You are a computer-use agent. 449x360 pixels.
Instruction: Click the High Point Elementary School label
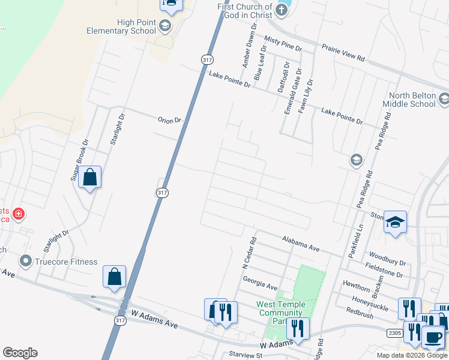pyautogui.click(x=121, y=26)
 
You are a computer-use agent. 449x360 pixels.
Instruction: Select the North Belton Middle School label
pyautogui.click(x=412, y=100)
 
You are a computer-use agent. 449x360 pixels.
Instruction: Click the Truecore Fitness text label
pyautogui.click(x=66, y=262)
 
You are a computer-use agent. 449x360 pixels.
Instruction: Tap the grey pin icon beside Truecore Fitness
pyautogui.click(x=25, y=262)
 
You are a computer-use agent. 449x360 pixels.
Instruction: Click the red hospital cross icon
pyautogui.click(x=19, y=214)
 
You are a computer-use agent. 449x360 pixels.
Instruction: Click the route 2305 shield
pyautogui.click(x=411, y=332)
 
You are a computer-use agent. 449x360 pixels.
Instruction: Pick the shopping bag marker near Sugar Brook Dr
pyautogui.click(x=90, y=177)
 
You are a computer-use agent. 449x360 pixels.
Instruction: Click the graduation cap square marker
pyautogui.click(x=396, y=222)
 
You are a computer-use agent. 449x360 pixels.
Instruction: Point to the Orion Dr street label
pyautogui.click(x=169, y=121)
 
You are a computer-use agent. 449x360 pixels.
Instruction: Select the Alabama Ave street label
pyautogui.click(x=301, y=242)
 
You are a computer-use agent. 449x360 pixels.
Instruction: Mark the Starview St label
pyautogui.click(x=246, y=355)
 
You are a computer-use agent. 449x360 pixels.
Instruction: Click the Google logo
pyautogui.click(x=20, y=353)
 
